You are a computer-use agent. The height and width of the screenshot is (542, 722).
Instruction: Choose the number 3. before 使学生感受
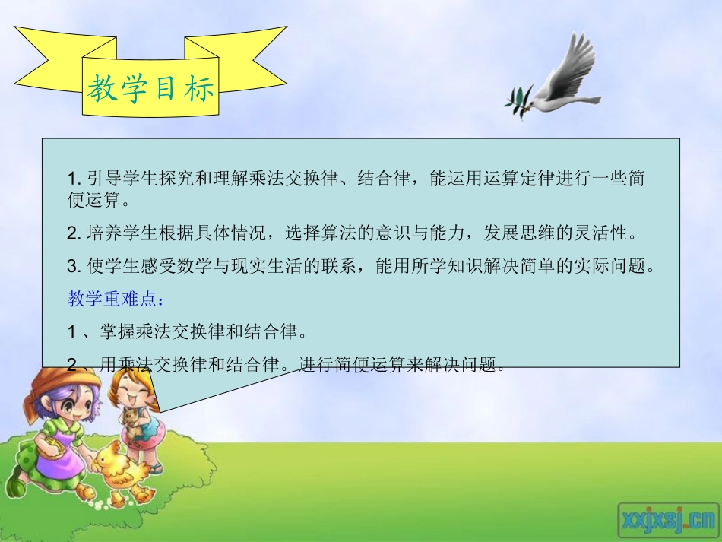coord(74,266)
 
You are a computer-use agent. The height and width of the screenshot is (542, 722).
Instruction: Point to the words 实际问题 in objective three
coord(622,266)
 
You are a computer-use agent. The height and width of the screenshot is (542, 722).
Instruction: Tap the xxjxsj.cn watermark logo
coord(667,519)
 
